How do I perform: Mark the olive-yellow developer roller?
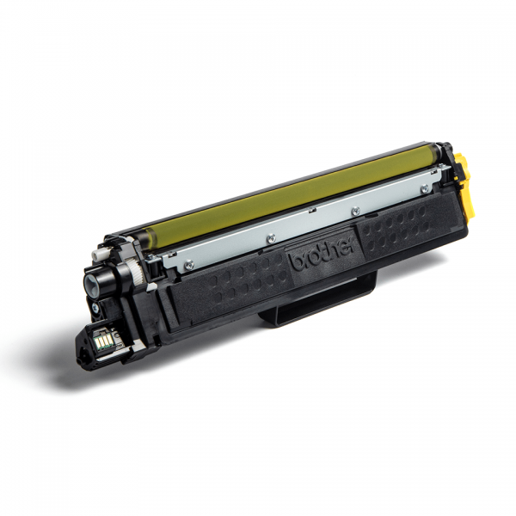pos(292,193)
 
